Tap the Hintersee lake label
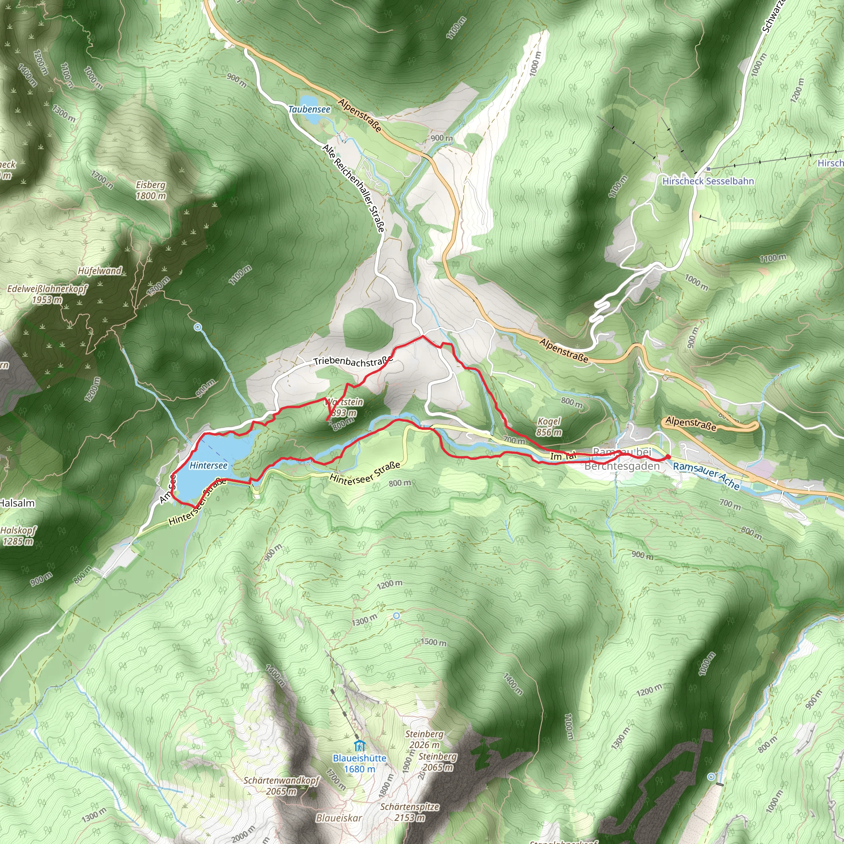click(x=209, y=466)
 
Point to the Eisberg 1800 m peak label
click(x=151, y=190)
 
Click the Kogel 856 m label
click(x=549, y=427)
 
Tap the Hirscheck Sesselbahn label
click(x=708, y=181)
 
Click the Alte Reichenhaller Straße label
click(x=354, y=188)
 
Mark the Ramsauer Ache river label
click(x=706, y=476)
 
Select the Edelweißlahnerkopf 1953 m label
click(x=47, y=294)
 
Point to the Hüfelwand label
click(x=100, y=271)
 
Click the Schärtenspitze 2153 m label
click(x=409, y=812)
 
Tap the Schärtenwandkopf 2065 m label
click(x=281, y=785)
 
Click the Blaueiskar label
click(x=339, y=818)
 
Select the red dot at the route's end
click(x=668, y=457)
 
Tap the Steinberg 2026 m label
click(x=424, y=739)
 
